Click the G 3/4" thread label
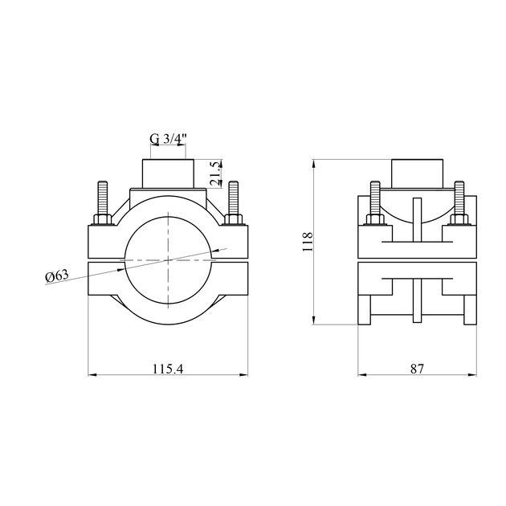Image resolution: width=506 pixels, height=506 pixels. [169, 139]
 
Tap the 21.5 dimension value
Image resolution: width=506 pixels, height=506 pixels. [215, 173]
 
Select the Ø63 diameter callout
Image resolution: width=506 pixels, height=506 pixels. [57, 276]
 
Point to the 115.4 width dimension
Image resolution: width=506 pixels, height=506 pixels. [168, 369]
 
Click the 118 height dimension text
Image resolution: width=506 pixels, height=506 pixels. [307, 242]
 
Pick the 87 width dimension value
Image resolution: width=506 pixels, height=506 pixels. [417, 369]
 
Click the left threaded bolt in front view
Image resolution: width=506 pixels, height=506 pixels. [103, 198]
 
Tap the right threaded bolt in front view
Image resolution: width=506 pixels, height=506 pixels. [233, 198]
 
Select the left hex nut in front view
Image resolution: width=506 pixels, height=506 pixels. [103, 219]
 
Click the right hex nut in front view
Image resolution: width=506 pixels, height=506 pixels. [233, 219]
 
